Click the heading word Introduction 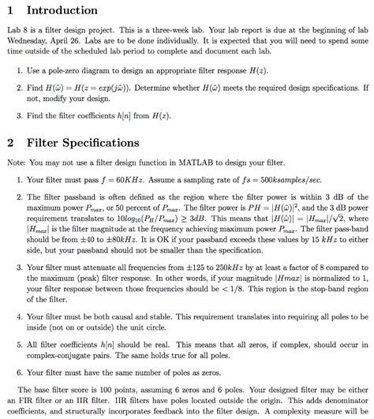coord(62,10)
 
